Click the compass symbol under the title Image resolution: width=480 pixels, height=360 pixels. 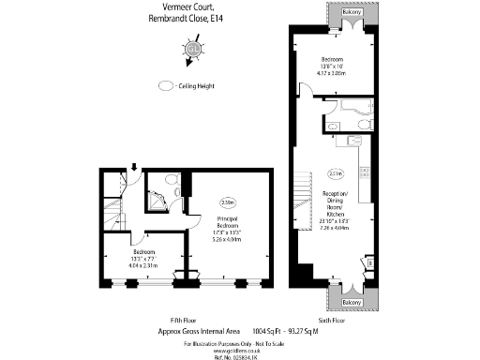[193, 48]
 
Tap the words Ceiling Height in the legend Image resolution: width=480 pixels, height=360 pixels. [201, 85]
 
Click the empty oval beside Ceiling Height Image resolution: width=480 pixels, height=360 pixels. [167, 85]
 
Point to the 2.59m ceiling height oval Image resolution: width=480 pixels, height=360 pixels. [227, 202]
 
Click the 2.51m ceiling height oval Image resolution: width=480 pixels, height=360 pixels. [336, 172]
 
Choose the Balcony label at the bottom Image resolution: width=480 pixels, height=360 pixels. [351, 303]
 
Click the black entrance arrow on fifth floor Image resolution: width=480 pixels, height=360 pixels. [134, 169]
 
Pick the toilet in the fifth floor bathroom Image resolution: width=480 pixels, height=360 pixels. [171, 178]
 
